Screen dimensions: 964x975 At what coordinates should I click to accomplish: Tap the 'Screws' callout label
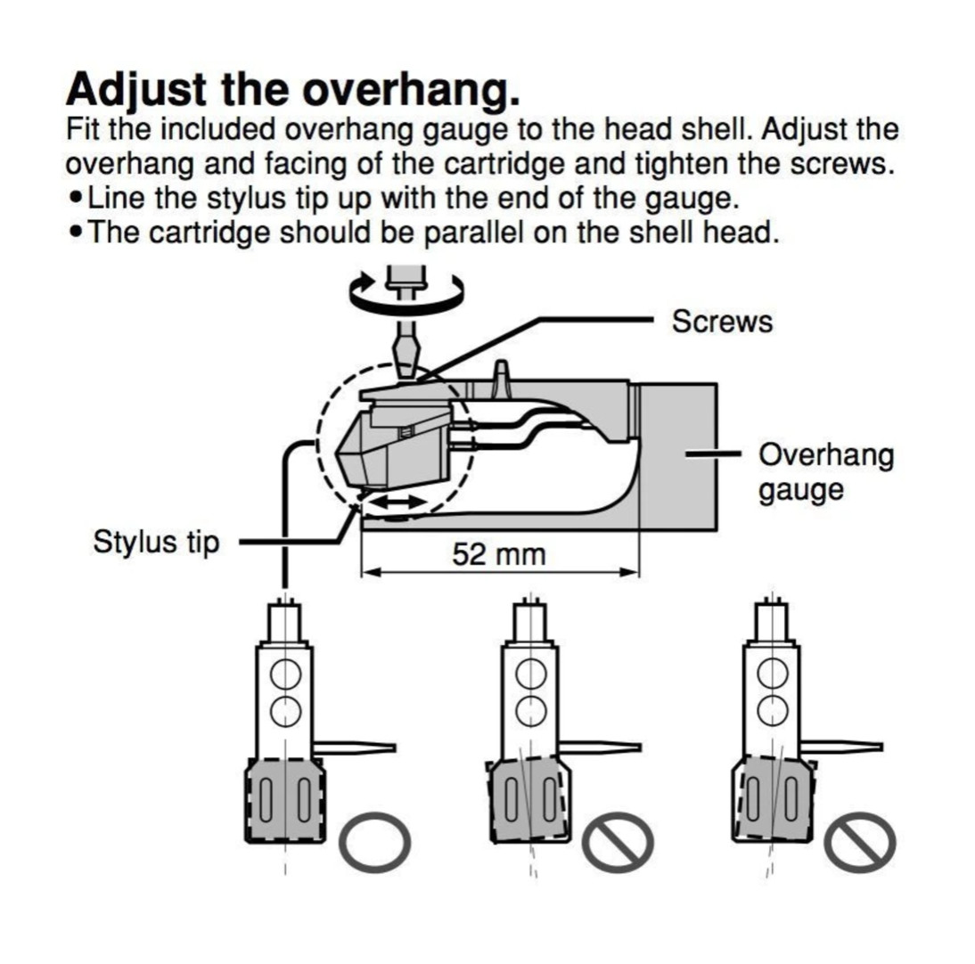pos(722,321)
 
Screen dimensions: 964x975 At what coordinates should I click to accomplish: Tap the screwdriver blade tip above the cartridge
pos(406,365)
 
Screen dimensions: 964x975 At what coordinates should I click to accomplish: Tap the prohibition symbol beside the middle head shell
pos(619,843)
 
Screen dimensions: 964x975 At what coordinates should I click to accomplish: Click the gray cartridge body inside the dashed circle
pos(392,445)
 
